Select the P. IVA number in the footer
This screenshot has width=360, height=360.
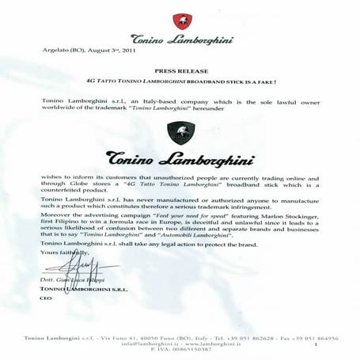(x=180, y=353)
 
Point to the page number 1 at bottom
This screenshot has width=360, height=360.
(x=314, y=347)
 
